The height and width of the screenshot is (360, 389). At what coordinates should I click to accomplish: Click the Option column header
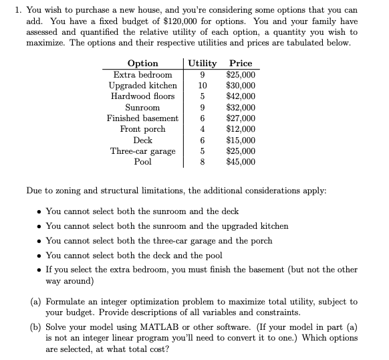142,64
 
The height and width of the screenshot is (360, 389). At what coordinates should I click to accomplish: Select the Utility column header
203,64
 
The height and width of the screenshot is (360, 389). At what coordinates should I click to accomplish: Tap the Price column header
241,64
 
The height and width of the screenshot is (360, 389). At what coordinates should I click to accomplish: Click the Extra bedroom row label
142,74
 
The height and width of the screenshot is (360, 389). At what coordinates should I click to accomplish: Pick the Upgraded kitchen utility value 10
203,85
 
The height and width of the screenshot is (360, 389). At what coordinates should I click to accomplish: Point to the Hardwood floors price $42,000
241,96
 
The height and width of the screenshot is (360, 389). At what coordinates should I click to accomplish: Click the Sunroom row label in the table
142,107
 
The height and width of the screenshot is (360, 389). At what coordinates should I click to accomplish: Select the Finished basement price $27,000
241,118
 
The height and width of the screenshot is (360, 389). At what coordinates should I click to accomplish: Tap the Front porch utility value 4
203,128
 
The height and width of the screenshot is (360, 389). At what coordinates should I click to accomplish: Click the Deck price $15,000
241,140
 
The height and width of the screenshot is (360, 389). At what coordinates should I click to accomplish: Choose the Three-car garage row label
142,151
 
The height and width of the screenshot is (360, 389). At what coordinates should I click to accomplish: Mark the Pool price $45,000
241,161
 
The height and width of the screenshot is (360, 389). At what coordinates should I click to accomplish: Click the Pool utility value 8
203,161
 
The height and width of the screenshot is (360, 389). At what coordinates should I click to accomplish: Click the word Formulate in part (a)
70,302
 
